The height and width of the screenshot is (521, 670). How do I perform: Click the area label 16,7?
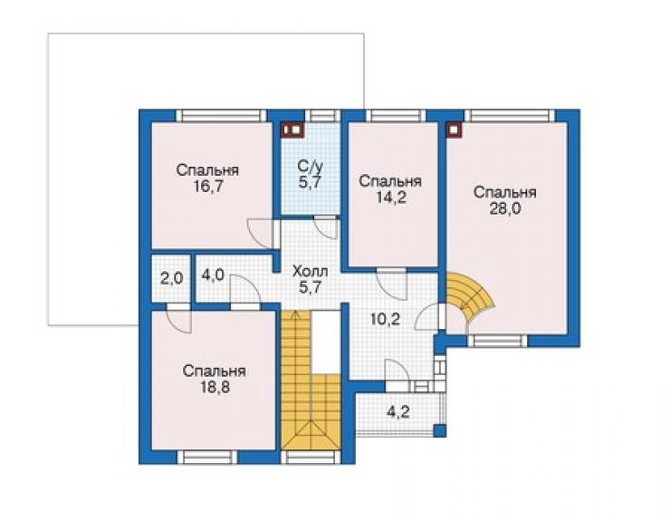[208, 187]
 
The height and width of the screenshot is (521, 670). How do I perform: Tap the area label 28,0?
[505, 209]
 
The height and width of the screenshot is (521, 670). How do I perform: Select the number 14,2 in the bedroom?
[390, 198]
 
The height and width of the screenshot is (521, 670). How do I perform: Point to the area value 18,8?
[215, 387]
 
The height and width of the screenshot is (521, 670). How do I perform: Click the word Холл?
[311, 271]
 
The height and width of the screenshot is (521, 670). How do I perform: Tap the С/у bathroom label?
[310, 166]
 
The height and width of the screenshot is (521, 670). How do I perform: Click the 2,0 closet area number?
[171, 279]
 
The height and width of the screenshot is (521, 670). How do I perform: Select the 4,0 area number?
[213, 275]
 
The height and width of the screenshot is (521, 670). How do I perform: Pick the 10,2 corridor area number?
[386, 319]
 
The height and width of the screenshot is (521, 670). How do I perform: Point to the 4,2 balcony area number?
[398, 412]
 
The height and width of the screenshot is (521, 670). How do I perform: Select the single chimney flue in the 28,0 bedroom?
[455, 130]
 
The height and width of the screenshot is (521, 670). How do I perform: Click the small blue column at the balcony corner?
[440, 430]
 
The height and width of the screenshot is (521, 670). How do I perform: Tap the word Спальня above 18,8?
[215, 371]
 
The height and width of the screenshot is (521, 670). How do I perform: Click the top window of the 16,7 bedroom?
[221, 116]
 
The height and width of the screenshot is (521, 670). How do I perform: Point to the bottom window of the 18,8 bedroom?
[207, 457]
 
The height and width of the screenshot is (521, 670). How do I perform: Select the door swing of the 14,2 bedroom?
[391, 285]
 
